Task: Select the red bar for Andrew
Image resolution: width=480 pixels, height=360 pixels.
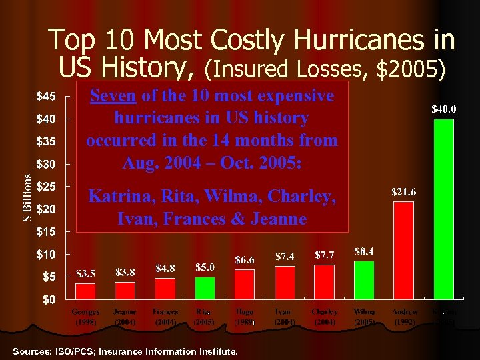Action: [403, 250]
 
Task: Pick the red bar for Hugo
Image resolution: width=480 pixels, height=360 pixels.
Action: [245, 284]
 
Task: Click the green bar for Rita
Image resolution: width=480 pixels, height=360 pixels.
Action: [205, 288]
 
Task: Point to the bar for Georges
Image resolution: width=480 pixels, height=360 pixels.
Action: [85, 291]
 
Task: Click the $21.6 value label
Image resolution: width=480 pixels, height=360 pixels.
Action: [403, 192]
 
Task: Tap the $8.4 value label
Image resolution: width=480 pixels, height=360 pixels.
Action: [364, 251]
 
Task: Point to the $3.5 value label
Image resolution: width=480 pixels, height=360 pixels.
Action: [85, 273]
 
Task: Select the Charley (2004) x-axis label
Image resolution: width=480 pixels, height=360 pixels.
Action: [324, 316]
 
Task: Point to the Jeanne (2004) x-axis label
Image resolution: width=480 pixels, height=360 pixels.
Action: [125, 316]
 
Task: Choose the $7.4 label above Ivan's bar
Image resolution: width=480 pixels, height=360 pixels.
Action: [285, 256]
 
